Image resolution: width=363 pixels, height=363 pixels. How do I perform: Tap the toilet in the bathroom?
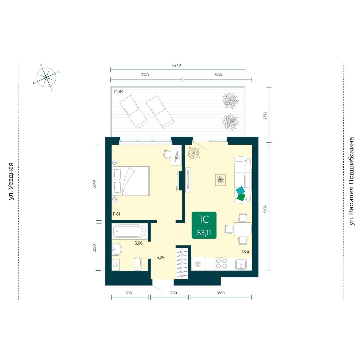click(138, 264)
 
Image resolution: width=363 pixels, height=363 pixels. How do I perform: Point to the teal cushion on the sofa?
click(240, 191)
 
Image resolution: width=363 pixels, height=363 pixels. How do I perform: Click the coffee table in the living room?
click(221, 180)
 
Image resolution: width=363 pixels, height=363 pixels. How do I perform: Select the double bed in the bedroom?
click(131, 181)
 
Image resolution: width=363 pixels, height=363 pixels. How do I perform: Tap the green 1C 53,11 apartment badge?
click(204, 225)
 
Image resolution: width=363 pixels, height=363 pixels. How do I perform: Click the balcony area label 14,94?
click(119, 92)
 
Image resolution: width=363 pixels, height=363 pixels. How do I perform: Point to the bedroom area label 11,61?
click(116, 214)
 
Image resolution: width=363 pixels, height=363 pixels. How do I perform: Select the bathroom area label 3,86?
click(139, 243)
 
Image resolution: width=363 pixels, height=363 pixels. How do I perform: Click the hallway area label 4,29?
click(161, 257)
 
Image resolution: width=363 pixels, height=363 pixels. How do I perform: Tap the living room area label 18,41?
click(246, 251)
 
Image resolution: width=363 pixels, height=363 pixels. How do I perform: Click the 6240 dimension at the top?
click(176, 65)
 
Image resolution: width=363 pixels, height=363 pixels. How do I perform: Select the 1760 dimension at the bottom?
click(173, 293)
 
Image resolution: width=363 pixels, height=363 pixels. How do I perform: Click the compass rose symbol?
click(46, 77)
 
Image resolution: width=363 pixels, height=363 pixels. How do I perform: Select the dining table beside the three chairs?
click(243, 229)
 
